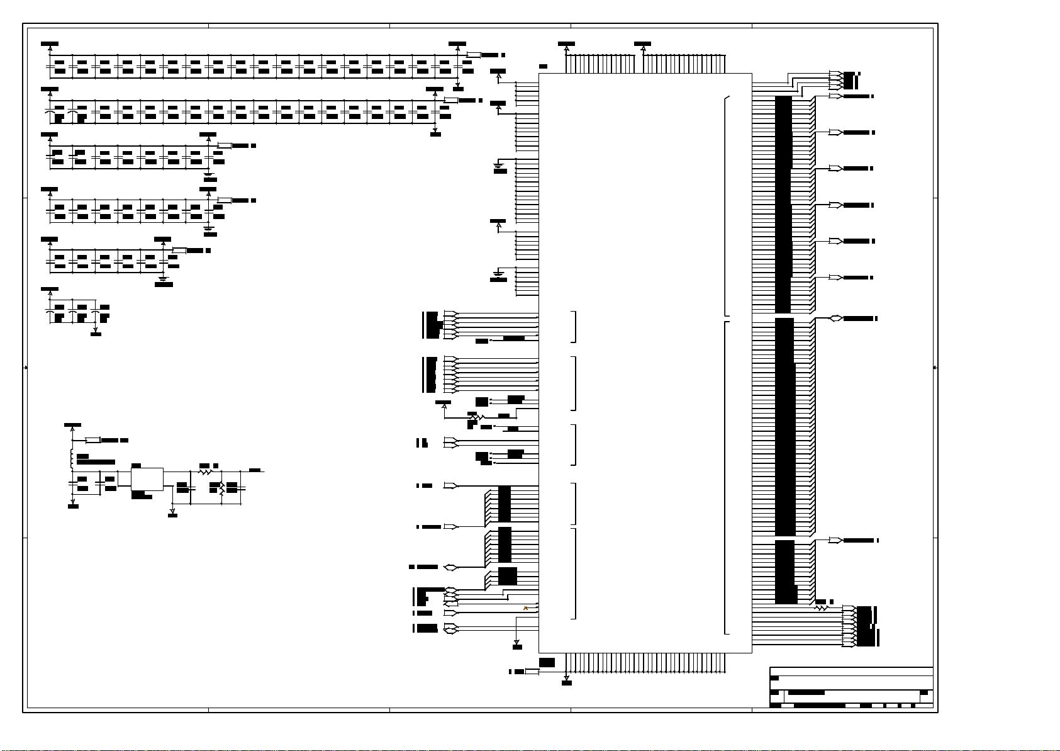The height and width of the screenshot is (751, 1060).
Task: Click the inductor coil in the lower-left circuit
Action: point(72,459)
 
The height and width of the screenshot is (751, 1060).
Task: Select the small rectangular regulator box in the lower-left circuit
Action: point(147,478)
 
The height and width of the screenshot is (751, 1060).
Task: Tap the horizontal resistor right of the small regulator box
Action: point(205,471)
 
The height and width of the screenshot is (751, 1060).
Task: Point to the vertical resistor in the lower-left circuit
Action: point(221,488)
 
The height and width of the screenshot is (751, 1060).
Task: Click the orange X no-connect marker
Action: point(525,608)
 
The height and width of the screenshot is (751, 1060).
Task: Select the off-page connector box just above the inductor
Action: point(93,439)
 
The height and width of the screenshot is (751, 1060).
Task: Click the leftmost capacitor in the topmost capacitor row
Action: point(50,66)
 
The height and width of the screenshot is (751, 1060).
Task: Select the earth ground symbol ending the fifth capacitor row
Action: point(163,278)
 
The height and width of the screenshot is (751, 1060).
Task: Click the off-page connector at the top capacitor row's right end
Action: point(474,55)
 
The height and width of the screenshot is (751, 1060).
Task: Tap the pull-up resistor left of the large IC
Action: point(476,416)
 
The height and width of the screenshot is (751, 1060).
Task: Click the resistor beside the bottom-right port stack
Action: point(821,608)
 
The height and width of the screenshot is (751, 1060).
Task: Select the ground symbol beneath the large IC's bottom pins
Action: point(566,680)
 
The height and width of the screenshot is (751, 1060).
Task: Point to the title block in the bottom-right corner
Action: point(851,687)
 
